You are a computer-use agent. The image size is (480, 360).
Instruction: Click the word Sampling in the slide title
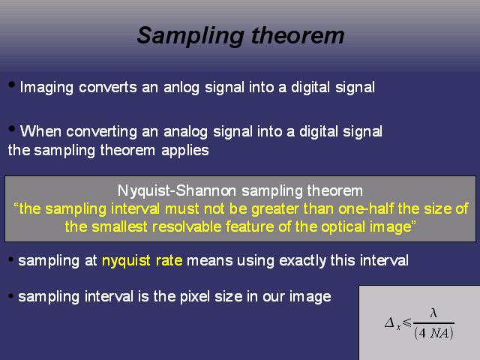tap(190, 36)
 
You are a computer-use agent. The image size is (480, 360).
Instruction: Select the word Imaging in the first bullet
tap(46, 88)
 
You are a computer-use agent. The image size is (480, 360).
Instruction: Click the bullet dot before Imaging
tap(12, 85)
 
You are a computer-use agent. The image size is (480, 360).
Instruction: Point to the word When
tap(40, 131)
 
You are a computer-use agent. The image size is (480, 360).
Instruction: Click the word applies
tap(185, 151)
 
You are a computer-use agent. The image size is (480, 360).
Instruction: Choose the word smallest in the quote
tap(120, 226)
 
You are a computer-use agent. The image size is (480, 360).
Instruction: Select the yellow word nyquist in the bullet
tap(126, 261)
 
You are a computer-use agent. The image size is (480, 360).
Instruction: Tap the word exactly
tap(302, 261)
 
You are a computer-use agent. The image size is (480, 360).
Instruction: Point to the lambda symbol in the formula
tap(433, 313)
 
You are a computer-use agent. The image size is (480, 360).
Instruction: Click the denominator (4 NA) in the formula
tap(433, 333)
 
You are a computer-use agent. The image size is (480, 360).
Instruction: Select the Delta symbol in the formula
tap(390, 322)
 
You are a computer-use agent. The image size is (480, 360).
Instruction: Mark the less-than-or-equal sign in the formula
tap(407, 322)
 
